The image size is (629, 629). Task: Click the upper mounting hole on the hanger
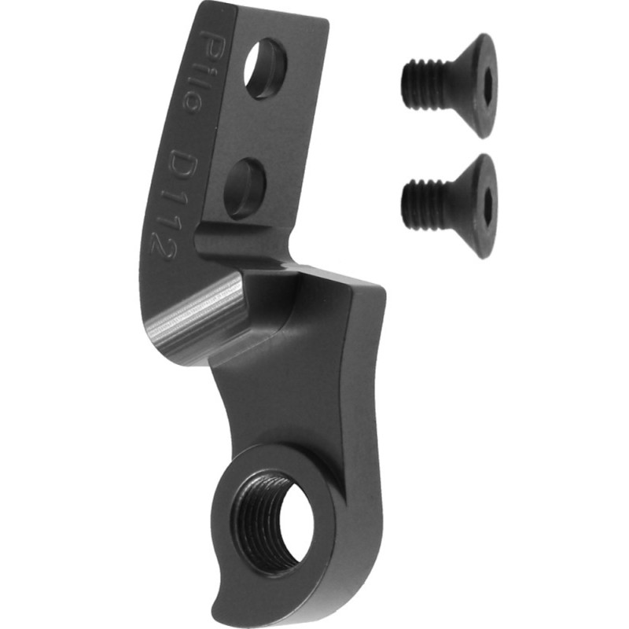point(265,68)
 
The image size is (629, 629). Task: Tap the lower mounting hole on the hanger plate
point(245,187)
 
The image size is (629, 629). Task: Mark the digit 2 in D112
point(163,250)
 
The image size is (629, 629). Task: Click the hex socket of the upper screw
point(487,85)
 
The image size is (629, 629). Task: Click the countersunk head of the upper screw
point(472,85)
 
